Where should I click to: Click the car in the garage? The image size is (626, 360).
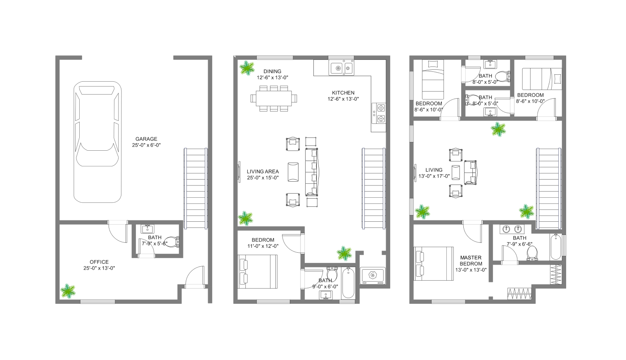coord(97,142)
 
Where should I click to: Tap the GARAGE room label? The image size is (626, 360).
coord(146,139)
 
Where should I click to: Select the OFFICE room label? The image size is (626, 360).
coord(99,262)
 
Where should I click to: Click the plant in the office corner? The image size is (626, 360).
coord(68,291)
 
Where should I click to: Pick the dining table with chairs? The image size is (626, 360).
coord(274,99)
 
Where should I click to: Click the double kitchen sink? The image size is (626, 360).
coord(341,67)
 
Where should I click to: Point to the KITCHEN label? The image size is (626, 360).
coord(343,93)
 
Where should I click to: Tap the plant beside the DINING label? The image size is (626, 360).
coord(247,68)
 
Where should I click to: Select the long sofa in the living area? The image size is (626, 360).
coord(312,172)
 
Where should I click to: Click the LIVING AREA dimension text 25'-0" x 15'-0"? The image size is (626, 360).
coord(263,178)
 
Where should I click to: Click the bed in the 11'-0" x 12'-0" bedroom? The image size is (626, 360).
coord(257,271)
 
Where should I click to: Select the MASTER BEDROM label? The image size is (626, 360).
coord(471,261)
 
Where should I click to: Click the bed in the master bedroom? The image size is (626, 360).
coord(434,263)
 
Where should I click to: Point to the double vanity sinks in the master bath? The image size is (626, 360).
coord(512,229)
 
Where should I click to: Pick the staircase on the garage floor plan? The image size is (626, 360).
coord(196,189)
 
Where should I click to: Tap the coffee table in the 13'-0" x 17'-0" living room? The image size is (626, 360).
coord(455,173)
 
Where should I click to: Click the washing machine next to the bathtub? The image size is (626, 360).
coord(372,276)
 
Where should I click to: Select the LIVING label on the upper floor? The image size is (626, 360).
coord(434,170)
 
